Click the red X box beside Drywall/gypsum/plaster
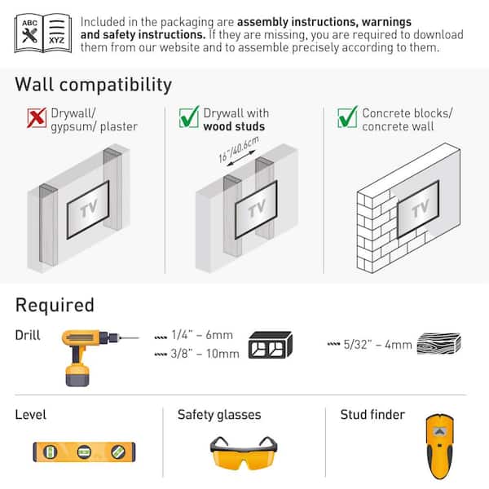(36, 119)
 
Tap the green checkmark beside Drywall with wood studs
(189, 119)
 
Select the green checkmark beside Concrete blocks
(347, 119)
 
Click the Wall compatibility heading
(94, 85)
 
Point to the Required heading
(55, 306)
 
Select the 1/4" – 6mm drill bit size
(201, 335)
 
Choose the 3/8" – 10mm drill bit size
(205, 354)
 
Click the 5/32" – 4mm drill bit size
(378, 344)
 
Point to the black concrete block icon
(270, 345)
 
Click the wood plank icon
(438, 344)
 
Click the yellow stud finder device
(438, 448)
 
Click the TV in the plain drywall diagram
(87, 209)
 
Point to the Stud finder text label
(372, 415)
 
